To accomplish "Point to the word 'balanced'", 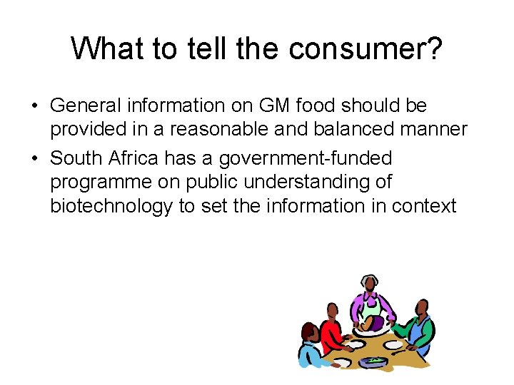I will pos(349,130).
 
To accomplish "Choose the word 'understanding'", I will pos(312,183).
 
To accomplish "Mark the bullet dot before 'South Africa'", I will pos(34,158).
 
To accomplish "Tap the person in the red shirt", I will pos(331,331).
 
